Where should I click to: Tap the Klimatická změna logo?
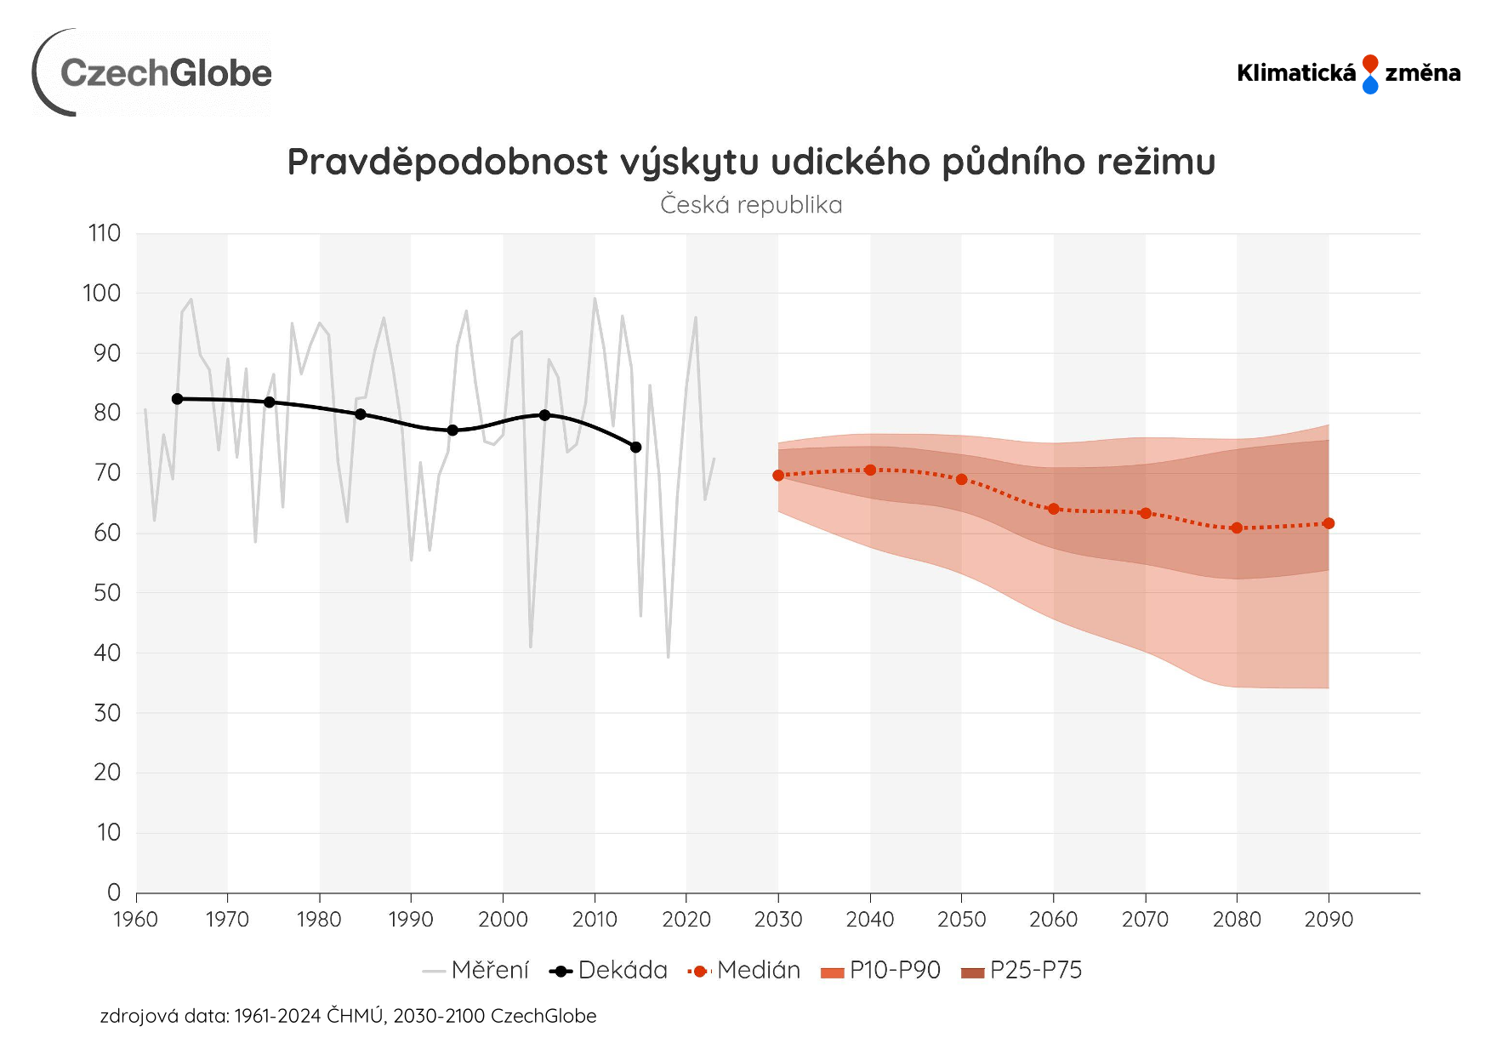(x=1348, y=74)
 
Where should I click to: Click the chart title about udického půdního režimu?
(x=751, y=162)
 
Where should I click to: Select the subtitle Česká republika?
(x=751, y=205)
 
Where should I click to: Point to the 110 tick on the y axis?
(x=105, y=233)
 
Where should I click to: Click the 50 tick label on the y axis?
(x=107, y=593)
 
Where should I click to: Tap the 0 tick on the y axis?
(x=114, y=892)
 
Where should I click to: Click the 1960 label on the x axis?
(x=136, y=920)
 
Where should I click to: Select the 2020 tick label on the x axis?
(x=686, y=920)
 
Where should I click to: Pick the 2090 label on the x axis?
(x=1329, y=920)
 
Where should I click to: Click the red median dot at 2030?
(x=778, y=476)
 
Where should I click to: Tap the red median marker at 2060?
(x=1054, y=509)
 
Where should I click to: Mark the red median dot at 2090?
(x=1329, y=523)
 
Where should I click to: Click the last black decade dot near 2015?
(x=635, y=448)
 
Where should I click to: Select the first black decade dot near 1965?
(x=177, y=399)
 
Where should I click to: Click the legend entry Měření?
(x=476, y=971)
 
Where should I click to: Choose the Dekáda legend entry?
(x=609, y=971)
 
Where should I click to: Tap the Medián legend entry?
(x=745, y=971)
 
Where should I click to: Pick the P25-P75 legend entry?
(x=1022, y=971)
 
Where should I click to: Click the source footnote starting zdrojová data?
(x=348, y=1016)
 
